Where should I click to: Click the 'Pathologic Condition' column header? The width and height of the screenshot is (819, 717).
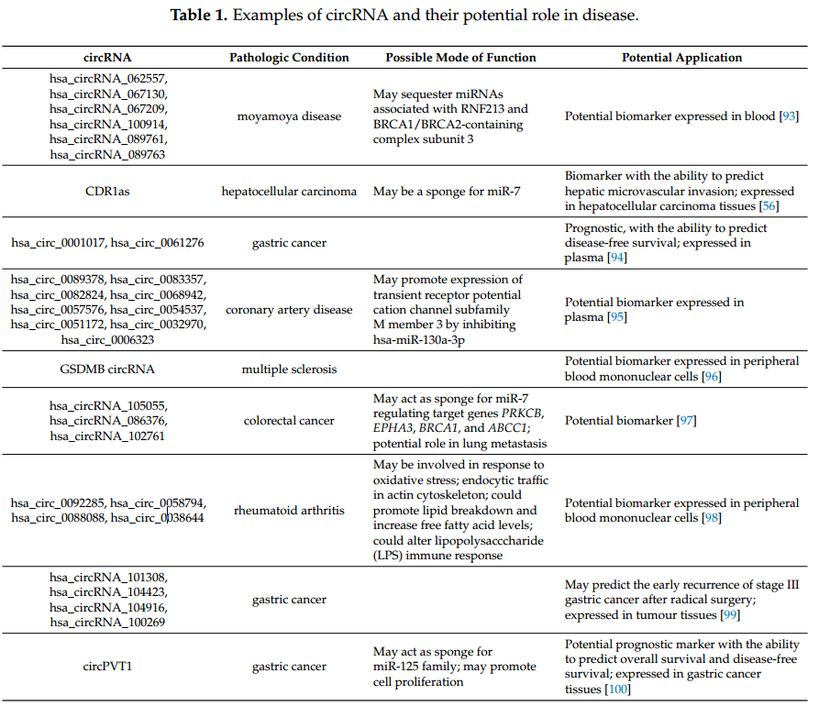[289, 58]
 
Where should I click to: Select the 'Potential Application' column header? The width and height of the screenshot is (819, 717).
[681, 58]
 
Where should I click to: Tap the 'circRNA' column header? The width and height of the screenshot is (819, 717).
[108, 58]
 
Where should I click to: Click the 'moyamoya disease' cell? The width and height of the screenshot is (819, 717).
[289, 116]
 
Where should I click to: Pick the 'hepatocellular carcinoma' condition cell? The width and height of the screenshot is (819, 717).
[289, 192]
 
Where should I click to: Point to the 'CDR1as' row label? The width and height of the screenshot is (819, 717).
[108, 192]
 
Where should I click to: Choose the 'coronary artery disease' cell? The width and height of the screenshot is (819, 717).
[289, 310]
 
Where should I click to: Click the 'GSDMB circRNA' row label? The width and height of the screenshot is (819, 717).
[108, 370]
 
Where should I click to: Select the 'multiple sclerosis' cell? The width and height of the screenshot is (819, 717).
[289, 370]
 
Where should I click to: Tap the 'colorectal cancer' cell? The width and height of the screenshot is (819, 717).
[289, 421]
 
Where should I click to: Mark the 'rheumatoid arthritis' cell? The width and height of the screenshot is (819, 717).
[289, 510]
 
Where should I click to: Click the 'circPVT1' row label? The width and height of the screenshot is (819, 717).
[108, 667]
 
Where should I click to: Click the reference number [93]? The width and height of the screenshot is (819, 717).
[788, 116]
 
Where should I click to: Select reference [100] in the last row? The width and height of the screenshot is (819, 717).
[618, 689]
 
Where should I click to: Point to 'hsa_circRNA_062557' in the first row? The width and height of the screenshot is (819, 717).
[108, 79]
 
